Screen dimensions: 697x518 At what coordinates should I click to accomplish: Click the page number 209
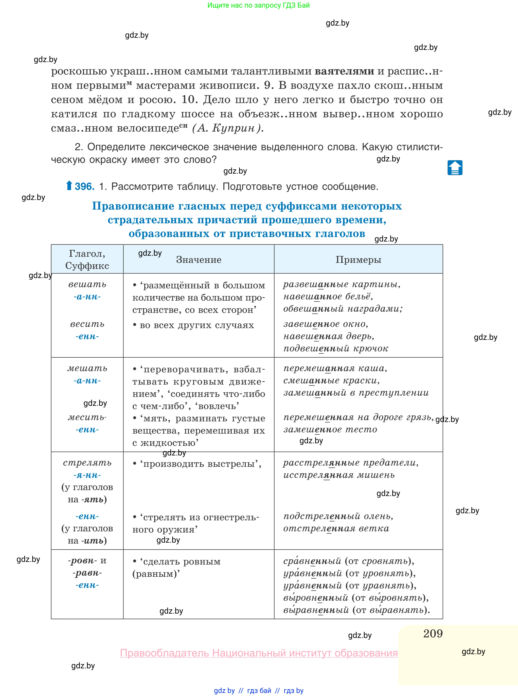point(433,633)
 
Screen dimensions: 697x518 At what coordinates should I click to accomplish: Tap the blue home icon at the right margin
point(455,168)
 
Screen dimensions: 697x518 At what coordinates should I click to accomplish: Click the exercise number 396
point(84,187)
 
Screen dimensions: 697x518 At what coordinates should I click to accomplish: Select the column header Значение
point(199,260)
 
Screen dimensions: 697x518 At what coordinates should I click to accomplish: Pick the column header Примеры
point(358,260)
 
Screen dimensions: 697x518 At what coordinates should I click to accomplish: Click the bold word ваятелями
point(344,71)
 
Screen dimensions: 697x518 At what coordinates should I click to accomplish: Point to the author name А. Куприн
point(227,128)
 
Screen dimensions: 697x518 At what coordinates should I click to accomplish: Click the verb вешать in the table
point(87,284)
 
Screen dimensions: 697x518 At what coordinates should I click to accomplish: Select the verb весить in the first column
point(87,324)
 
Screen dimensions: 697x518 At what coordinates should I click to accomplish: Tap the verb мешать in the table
point(87,368)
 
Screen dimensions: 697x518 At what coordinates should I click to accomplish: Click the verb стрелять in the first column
point(87,463)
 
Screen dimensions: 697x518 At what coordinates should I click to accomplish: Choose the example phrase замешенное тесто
point(330,429)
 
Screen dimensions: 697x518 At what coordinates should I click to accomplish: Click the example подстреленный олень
point(338,516)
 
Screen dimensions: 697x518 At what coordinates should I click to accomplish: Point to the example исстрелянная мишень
point(339,475)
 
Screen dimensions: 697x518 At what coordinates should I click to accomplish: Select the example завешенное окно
point(326,324)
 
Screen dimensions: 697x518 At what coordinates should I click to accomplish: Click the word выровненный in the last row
point(315,598)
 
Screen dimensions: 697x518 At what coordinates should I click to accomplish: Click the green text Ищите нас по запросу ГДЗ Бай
point(258,5)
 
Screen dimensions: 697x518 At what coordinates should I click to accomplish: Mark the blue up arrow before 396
point(69,186)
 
